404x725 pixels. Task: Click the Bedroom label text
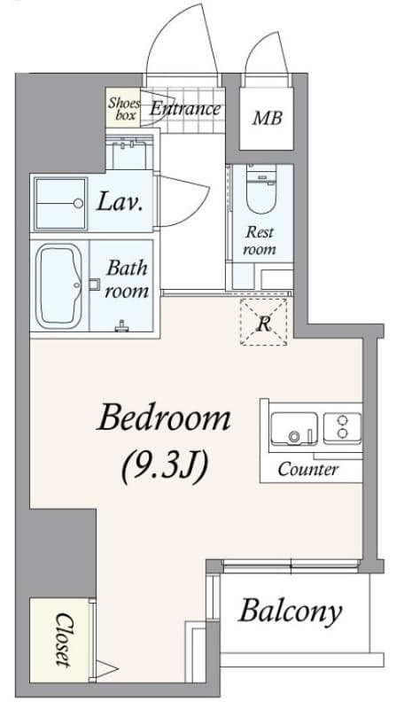click(x=164, y=418)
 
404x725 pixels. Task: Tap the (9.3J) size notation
click(x=164, y=468)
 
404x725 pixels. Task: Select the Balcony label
click(x=291, y=612)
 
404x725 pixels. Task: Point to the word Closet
click(x=63, y=640)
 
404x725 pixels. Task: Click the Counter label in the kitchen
click(x=307, y=470)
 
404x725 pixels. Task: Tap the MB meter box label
click(x=268, y=119)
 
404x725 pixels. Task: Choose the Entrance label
click(x=185, y=110)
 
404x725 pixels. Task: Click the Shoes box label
click(x=123, y=110)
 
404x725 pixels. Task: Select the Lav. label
click(x=120, y=201)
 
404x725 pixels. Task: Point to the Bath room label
click(x=127, y=279)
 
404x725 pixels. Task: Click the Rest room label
click(x=260, y=240)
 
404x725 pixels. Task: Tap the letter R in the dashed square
click(x=263, y=324)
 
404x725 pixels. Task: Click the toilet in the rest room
click(x=261, y=190)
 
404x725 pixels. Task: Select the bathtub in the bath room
click(x=58, y=285)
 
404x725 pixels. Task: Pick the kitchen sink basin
click(x=294, y=429)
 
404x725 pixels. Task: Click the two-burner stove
click(x=342, y=427)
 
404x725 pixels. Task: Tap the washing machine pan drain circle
click(x=79, y=203)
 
